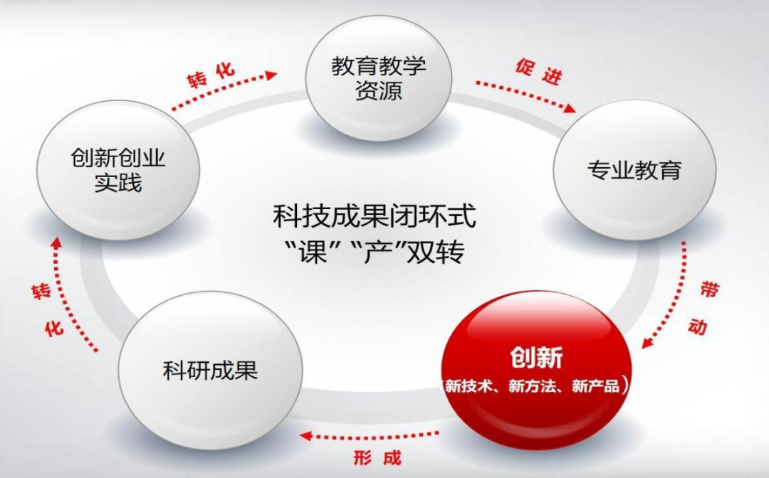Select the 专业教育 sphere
pos(634,171)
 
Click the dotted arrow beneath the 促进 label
pos(525,96)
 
